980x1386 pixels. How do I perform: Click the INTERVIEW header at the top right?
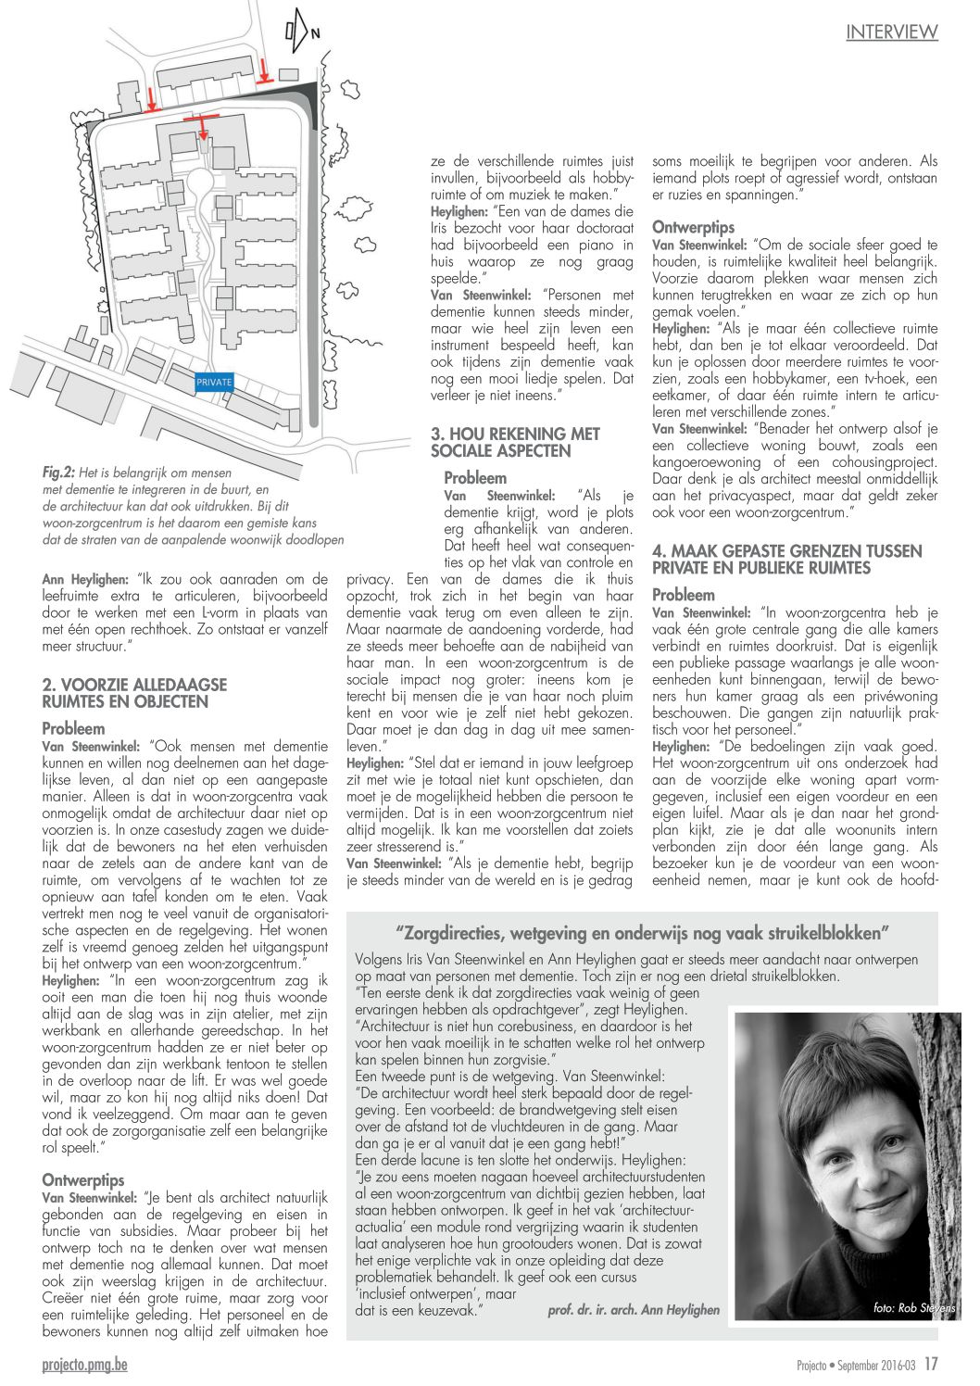click(891, 32)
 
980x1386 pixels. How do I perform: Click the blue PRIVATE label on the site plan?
click(213, 382)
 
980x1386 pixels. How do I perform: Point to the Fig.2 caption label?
click(59, 472)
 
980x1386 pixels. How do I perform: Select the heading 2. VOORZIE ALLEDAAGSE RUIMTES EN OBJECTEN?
click(134, 693)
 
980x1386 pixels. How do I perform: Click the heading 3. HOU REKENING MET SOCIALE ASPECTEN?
click(515, 442)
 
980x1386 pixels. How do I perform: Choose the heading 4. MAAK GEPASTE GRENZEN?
click(786, 560)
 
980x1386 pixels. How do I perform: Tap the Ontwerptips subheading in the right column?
click(693, 227)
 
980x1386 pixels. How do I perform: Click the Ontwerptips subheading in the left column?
click(83, 1179)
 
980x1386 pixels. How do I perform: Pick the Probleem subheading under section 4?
click(684, 595)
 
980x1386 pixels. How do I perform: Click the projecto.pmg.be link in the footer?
click(84, 1364)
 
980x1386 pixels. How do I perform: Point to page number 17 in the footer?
click(931, 1364)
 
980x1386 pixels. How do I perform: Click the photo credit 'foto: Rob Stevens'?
click(913, 1307)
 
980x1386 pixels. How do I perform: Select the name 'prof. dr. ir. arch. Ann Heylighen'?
click(634, 1310)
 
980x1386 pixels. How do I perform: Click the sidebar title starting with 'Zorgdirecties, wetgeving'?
click(642, 932)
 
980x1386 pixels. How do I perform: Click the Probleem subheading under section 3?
click(475, 478)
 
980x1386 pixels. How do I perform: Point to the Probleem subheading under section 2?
click(74, 728)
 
